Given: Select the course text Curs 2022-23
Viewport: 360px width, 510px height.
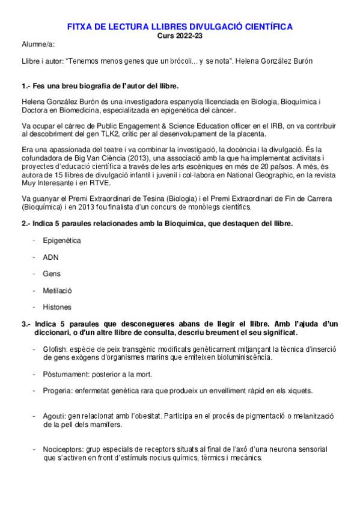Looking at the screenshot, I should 180,35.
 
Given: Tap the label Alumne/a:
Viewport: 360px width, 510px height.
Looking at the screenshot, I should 38,45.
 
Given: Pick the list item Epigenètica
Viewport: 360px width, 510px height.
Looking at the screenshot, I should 61,241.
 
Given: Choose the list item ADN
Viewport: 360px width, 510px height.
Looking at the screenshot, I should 50,257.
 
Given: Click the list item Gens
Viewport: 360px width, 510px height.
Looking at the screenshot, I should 52,274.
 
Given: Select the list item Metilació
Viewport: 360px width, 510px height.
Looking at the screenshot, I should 57,290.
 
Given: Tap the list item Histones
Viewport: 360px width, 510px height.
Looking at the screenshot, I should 56,307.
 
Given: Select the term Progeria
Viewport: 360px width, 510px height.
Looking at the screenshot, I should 58,391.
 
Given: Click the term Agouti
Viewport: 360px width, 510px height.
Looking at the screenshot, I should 55,416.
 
